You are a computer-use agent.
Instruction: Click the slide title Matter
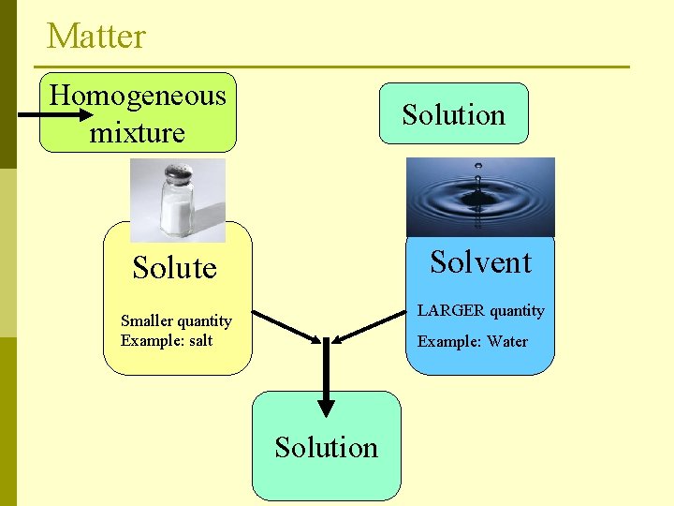coord(96,37)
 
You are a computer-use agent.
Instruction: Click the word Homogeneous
coord(138,95)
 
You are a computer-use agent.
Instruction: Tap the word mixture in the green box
coord(137,132)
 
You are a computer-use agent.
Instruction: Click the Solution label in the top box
coord(453,114)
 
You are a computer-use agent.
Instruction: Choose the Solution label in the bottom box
coord(326,447)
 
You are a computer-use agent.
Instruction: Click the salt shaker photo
coord(178,200)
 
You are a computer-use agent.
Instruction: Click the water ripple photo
coord(480,197)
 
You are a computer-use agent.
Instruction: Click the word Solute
coord(174,268)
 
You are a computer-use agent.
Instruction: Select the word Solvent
coord(480,262)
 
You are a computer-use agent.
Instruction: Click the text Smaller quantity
coord(176,321)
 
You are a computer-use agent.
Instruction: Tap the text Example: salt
coord(167,340)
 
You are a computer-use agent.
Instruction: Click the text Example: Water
coord(473,341)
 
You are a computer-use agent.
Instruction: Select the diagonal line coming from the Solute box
coord(286,325)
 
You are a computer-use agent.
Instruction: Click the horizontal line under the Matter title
coord(332,67)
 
